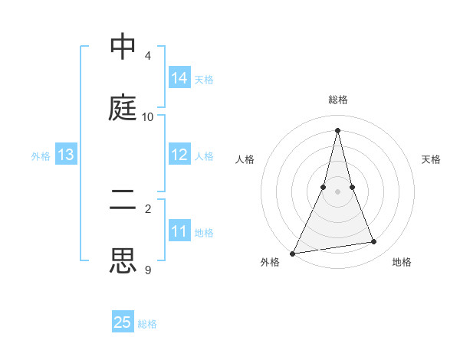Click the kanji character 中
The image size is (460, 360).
click(123, 47)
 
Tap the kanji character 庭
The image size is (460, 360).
click(123, 109)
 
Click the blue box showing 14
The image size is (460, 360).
click(179, 78)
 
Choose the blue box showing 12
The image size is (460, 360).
click(179, 155)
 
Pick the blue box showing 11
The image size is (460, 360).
click(179, 231)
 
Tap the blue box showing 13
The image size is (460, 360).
click(66, 155)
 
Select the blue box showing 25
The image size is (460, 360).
click(123, 322)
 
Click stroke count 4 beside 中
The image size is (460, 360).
click(148, 56)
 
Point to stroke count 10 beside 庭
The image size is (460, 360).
click(148, 117)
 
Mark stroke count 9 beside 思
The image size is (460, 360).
click(148, 270)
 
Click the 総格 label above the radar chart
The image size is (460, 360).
click(338, 100)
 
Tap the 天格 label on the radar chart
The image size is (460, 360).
click(432, 159)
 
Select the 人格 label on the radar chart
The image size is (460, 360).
click(245, 159)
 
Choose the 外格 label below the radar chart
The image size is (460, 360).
click(270, 262)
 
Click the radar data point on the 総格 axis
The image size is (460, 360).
click(338, 130)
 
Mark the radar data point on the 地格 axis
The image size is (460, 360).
click(374, 242)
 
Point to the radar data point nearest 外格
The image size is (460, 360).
click(293, 253)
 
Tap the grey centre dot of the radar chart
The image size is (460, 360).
click(338, 191)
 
